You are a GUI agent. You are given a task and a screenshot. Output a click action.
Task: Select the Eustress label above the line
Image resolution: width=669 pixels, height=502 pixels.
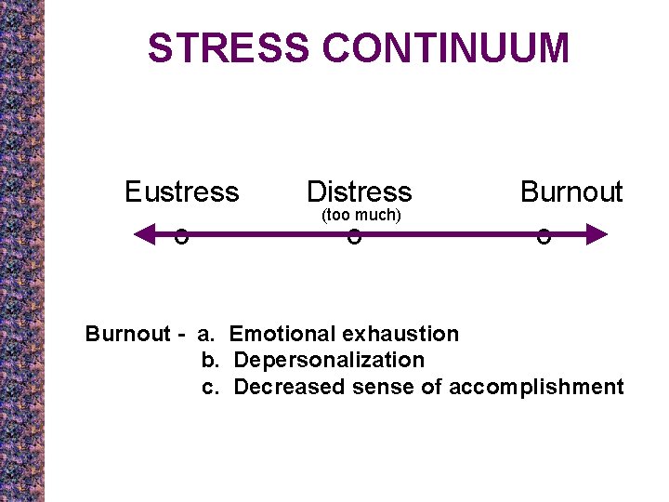click(x=181, y=192)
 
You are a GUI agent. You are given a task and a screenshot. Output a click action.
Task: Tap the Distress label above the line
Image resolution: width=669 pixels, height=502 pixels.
click(x=359, y=192)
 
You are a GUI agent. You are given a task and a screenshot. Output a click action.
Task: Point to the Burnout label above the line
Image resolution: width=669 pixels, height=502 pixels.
click(x=571, y=192)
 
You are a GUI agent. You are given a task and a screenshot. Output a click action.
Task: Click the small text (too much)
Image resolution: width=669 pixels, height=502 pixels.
click(x=361, y=216)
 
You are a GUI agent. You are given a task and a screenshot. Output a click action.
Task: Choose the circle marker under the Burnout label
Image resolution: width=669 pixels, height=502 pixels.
click(x=544, y=237)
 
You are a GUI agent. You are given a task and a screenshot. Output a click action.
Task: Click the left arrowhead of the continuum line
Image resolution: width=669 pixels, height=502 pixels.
click(x=144, y=233)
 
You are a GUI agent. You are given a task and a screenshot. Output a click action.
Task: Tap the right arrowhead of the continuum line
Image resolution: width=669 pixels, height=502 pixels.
click(x=597, y=233)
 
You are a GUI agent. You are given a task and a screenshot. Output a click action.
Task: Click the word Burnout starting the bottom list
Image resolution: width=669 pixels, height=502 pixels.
click(x=127, y=334)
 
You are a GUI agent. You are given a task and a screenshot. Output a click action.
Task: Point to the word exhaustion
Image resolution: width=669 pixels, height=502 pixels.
click(x=400, y=334)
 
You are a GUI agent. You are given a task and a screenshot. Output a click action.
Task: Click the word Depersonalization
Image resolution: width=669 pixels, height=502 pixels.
click(x=329, y=360)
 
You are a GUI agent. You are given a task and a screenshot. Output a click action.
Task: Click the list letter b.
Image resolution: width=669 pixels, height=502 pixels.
click(x=209, y=360)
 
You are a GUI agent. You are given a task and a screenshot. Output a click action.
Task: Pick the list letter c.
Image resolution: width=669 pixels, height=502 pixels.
click(x=209, y=387)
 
